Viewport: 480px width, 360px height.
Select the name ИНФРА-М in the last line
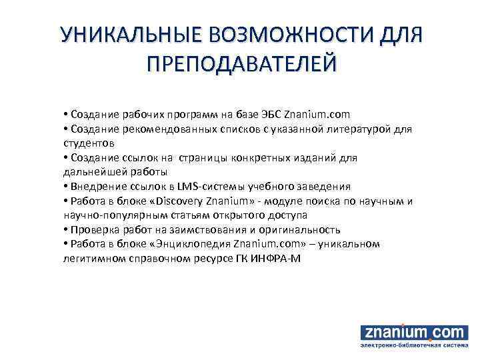coord(278,259)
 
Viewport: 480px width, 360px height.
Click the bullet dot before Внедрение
coord(65,187)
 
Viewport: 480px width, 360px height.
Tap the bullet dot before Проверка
coord(65,230)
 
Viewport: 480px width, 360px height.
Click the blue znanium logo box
coord(409,331)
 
